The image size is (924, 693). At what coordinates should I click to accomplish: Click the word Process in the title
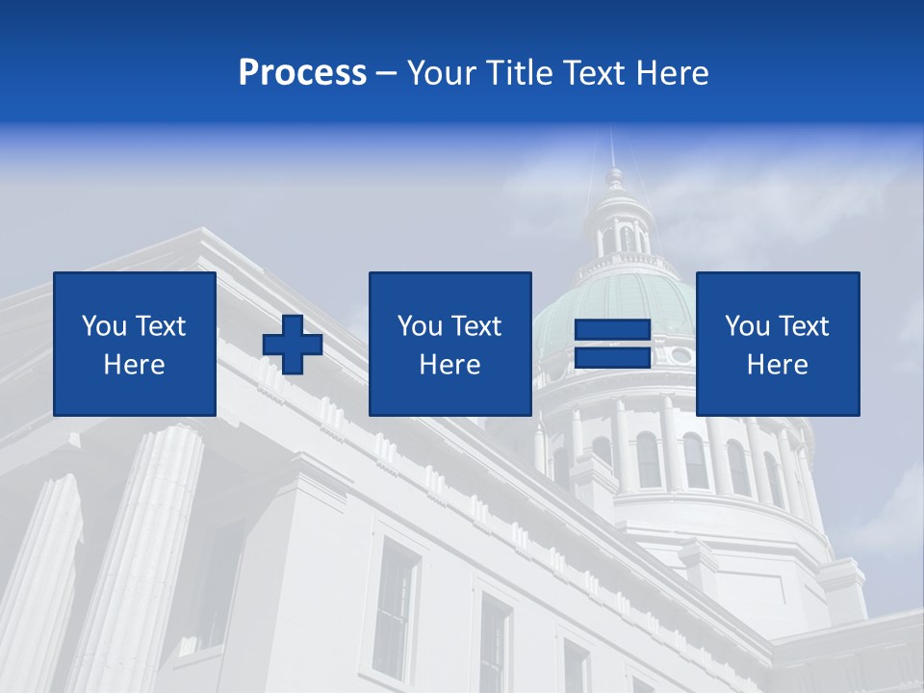tap(302, 73)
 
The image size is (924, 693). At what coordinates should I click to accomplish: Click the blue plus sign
tap(293, 345)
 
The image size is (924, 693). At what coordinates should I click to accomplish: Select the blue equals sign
tap(613, 344)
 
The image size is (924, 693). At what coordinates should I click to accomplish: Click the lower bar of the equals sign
tap(613, 357)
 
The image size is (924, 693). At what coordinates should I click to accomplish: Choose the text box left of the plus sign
tap(135, 344)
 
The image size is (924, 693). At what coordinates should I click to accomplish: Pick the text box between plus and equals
tap(449, 344)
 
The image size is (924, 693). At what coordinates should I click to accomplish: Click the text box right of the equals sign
tap(778, 344)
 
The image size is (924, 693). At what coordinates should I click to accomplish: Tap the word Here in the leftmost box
tap(135, 365)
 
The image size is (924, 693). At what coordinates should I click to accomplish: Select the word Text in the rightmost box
tap(803, 326)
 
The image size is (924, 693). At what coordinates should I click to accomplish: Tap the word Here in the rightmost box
tap(778, 365)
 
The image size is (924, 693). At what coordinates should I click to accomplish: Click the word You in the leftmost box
tap(104, 326)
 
